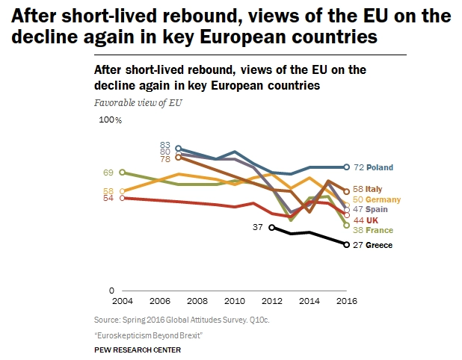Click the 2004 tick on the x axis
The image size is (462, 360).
(x=121, y=301)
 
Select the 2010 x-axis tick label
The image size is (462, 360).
(x=233, y=301)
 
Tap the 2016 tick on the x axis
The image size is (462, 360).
(x=346, y=301)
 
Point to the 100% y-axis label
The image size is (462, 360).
(x=110, y=120)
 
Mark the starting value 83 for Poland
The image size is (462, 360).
(x=165, y=144)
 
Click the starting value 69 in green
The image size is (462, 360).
(x=108, y=173)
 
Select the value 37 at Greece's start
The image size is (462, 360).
(x=257, y=226)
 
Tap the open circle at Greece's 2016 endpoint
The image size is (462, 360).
(x=346, y=244)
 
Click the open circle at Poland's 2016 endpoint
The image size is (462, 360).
(x=346, y=167)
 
